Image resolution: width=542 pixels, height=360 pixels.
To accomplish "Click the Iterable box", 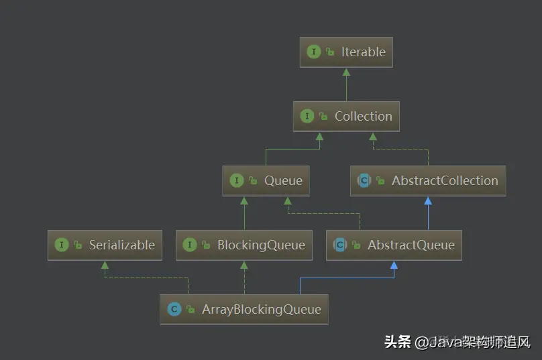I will point(346,52).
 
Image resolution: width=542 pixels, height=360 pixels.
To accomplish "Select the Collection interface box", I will point(346,116).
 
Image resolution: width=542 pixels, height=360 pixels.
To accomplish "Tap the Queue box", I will point(266,180).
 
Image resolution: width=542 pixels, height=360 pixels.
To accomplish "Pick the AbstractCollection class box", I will point(428,180).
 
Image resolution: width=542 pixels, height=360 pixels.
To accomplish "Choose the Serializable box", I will point(105,245).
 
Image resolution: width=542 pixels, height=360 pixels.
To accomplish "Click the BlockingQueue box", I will point(244,245).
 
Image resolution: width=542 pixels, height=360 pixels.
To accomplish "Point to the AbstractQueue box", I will point(394,245).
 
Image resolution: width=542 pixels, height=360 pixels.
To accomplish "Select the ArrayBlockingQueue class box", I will point(244,309).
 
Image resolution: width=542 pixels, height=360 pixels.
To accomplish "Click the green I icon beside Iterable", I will point(313,52).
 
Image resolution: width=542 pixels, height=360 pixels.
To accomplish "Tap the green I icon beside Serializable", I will point(62,245).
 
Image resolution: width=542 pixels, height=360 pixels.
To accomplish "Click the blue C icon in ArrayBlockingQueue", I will point(174,309).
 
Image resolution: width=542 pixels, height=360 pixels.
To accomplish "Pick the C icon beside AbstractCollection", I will point(364,180).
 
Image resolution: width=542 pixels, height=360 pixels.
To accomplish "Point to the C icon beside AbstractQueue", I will point(340,245).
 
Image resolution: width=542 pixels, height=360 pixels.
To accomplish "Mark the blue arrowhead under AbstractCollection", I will point(428,200).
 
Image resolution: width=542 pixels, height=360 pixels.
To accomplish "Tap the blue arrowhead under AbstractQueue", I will point(394,265).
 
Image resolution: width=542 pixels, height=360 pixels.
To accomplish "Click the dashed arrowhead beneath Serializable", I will point(105,265).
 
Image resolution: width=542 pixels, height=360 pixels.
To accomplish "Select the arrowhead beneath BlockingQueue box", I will point(244,265).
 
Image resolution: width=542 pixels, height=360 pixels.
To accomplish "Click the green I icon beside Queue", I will point(237,180).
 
